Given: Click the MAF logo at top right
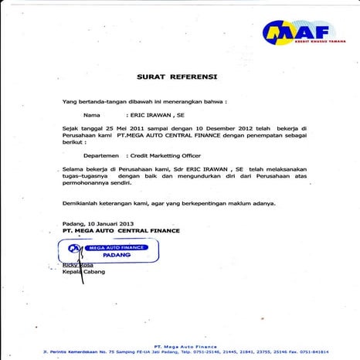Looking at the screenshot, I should pyautogui.click(x=294, y=32).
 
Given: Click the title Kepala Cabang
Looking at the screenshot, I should pyautogui.click(x=83, y=272).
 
